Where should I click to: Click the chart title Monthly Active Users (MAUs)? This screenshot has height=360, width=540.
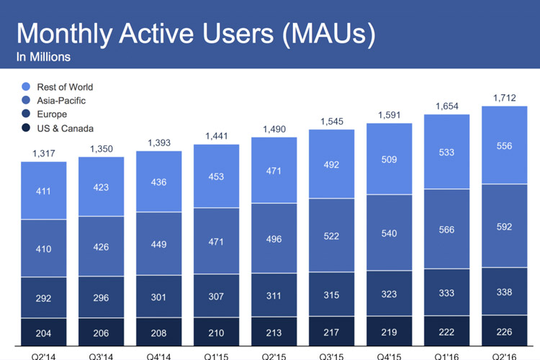tap(194, 33)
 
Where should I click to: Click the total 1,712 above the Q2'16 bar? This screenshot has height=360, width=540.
tap(504, 99)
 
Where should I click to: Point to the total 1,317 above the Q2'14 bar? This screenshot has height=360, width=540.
tap(44, 153)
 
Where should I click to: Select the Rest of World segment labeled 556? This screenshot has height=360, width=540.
tap(504, 145)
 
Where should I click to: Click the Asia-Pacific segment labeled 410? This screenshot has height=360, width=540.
tap(44, 248)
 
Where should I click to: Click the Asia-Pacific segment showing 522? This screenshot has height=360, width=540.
tap(331, 237)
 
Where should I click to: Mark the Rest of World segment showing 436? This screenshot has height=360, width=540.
tap(158, 182)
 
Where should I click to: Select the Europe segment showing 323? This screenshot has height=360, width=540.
tap(389, 294)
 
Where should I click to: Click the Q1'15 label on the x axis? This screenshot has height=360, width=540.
tap(216, 355)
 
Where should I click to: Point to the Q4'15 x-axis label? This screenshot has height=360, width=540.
tap(389, 355)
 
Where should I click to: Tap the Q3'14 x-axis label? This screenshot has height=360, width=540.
tap(101, 355)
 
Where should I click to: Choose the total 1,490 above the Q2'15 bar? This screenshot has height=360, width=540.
tap(274, 130)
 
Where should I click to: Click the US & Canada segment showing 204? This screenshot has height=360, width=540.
tap(44, 334)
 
